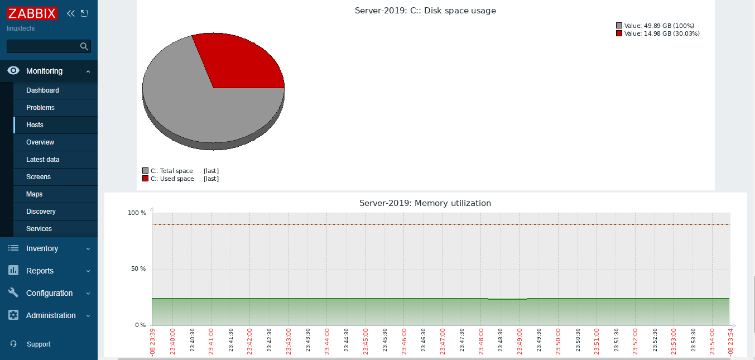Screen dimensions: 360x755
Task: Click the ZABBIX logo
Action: click(x=32, y=13)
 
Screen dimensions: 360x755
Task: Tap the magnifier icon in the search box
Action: click(x=84, y=46)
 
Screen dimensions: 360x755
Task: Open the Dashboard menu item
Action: click(x=42, y=90)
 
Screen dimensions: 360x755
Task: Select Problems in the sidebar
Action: click(x=40, y=108)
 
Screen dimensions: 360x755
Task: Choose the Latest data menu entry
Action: click(x=43, y=160)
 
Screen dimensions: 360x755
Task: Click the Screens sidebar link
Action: click(x=39, y=177)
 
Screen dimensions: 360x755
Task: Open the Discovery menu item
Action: click(x=41, y=212)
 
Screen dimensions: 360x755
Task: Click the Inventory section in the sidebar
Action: click(x=42, y=248)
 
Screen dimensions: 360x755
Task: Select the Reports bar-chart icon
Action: click(x=14, y=271)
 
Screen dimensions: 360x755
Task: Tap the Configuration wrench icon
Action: click(x=14, y=293)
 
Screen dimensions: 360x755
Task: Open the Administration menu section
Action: click(x=50, y=315)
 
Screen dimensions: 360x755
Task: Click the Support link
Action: click(x=39, y=344)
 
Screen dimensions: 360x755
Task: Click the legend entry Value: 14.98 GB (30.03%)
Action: click(x=661, y=33)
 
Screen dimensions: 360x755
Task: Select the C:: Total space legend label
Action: click(x=171, y=171)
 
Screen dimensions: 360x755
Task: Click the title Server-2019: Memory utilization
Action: click(x=425, y=203)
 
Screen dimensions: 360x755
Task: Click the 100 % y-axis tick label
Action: click(x=137, y=213)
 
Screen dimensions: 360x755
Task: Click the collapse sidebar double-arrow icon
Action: click(x=70, y=13)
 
